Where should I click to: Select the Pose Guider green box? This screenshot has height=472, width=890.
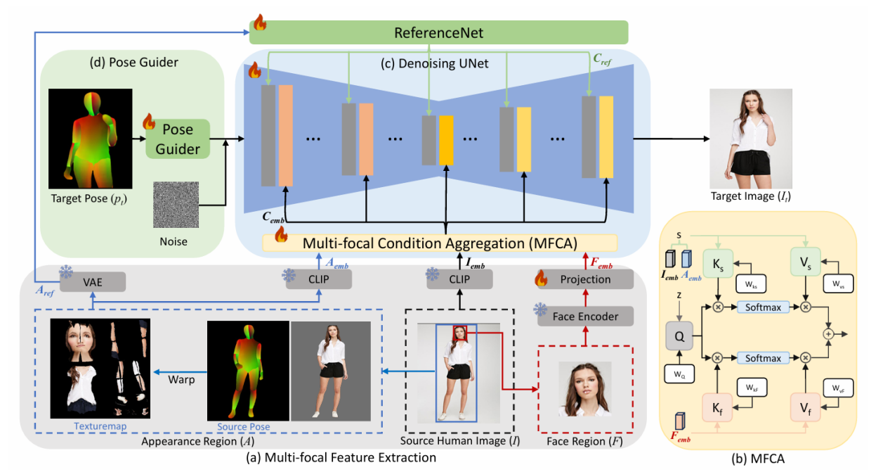tap(177, 139)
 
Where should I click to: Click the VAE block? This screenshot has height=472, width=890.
tap(92, 282)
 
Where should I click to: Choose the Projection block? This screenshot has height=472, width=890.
tap(585, 279)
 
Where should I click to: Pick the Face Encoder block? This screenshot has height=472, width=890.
tap(586, 316)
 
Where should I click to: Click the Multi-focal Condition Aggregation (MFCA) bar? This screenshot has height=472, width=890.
tap(440, 243)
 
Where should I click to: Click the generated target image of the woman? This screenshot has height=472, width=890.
tap(751, 139)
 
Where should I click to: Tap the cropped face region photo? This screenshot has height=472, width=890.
tap(585, 389)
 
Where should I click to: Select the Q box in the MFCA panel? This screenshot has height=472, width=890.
tap(679, 336)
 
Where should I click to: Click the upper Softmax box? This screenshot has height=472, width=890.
tap(762, 307)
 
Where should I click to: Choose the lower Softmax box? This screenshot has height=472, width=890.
tap(762, 358)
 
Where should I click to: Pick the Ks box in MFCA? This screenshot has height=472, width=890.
tap(718, 263)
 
